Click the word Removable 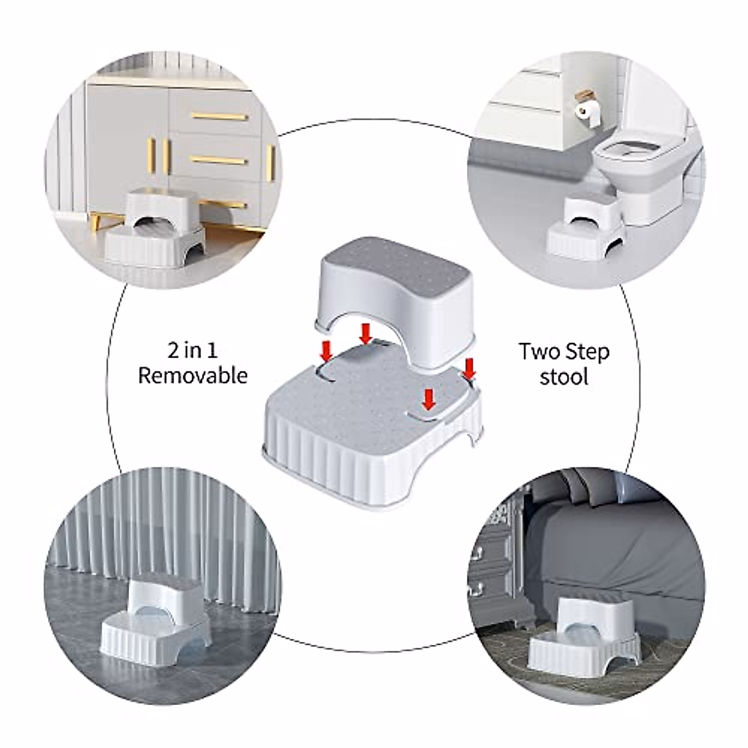(x=193, y=376)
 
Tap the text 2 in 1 (x=193, y=350)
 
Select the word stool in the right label (x=563, y=377)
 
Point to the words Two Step (x=563, y=352)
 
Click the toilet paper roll (x=584, y=112)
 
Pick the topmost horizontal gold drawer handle (x=219, y=117)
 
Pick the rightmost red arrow (x=469, y=368)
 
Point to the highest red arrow (x=366, y=332)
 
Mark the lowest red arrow (x=428, y=399)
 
